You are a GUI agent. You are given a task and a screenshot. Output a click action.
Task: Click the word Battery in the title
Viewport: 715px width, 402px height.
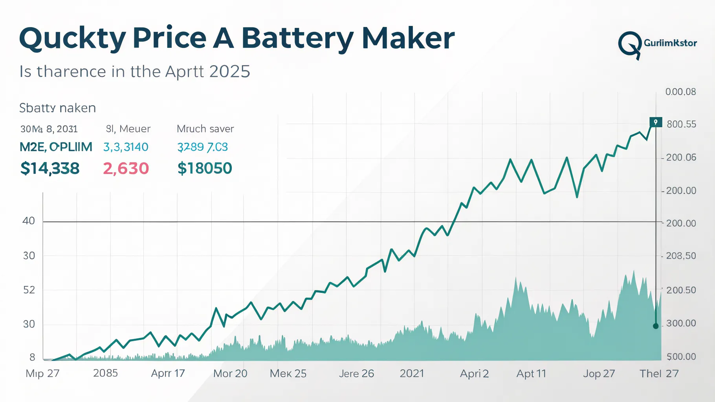click(x=297, y=38)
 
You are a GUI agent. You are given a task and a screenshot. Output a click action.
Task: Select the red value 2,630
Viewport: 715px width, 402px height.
click(x=126, y=168)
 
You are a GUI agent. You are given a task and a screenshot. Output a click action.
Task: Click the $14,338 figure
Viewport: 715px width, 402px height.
click(x=50, y=168)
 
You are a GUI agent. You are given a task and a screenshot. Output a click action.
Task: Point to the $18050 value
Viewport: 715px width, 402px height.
click(x=205, y=168)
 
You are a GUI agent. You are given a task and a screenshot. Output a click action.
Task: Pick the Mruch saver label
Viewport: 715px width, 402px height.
click(x=205, y=129)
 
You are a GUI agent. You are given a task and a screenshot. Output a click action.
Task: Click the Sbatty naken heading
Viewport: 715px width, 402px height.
click(x=57, y=108)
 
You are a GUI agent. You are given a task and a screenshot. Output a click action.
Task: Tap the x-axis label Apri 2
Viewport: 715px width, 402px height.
click(x=474, y=373)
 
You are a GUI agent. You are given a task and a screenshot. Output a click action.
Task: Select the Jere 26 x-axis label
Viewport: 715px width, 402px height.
click(x=356, y=373)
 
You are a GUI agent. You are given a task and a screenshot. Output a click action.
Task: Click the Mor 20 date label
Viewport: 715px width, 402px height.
click(x=230, y=373)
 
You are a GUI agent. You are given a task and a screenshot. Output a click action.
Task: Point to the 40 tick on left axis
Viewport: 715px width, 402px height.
click(x=29, y=221)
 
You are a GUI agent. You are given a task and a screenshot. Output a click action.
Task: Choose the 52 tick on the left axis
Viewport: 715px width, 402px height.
click(x=29, y=290)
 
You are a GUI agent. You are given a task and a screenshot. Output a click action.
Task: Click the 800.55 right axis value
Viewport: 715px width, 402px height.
click(x=681, y=124)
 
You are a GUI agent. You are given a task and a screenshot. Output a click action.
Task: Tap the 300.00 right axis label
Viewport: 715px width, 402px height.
click(x=681, y=323)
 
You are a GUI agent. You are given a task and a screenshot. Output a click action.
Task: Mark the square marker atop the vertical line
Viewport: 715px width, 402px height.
click(x=656, y=122)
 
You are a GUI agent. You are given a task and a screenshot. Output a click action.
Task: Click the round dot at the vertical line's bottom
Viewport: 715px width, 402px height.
click(x=656, y=326)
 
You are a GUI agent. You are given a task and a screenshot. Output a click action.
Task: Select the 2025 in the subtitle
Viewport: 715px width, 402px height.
click(x=230, y=71)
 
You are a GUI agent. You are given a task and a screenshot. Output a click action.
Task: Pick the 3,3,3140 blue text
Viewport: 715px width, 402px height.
click(x=126, y=147)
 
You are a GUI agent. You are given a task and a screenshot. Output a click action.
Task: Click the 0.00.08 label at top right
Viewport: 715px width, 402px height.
click(x=680, y=92)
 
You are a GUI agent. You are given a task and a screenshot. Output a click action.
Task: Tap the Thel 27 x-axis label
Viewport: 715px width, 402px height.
click(x=659, y=373)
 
